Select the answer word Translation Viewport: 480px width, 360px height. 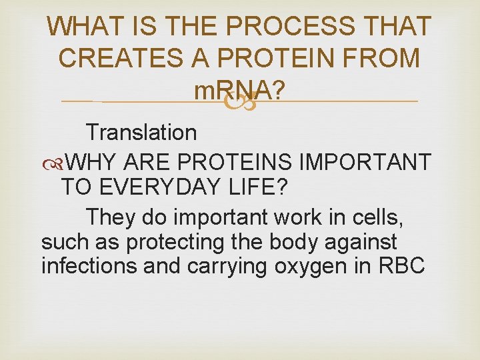[141, 132]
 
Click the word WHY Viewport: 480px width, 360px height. [91, 161]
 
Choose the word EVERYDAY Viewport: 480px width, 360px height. [153, 188]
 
